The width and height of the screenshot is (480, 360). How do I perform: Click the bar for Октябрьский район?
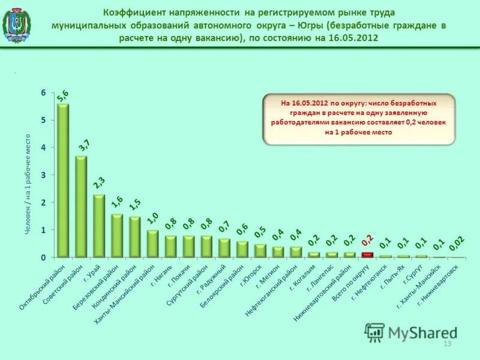(62, 180)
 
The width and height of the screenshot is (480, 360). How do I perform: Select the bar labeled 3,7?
(80, 206)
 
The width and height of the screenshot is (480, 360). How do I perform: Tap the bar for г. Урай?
(98, 226)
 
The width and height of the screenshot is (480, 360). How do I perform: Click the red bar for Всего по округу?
(367, 254)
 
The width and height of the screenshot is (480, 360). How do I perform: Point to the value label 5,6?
(62, 95)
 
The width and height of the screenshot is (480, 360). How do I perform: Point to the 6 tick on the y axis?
(43, 92)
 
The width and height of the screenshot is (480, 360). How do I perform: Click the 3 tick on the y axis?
(43, 175)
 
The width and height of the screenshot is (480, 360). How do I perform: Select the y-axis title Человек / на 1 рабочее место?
(28, 184)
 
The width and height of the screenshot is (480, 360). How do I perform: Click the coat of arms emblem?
(17, 25)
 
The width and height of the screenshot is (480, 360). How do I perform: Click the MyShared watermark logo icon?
(375, 332)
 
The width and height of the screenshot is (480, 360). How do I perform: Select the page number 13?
(446, 343)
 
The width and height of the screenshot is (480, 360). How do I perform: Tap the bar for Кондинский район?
(134, 237)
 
